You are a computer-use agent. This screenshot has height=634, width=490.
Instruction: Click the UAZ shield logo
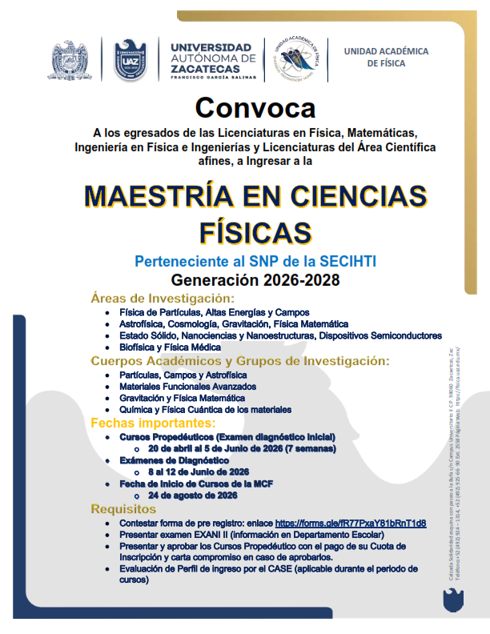[x=130, y=60]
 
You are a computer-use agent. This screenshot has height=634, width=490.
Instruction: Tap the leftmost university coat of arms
[x=74, y=61]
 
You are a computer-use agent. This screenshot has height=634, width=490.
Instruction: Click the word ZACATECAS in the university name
[x=205, y=69]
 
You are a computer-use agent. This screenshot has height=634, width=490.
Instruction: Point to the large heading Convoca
[x=255, y=107]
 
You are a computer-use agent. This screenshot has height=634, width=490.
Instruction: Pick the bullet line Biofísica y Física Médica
[x=170, y=347]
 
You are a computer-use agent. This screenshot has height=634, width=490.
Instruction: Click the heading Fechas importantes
[x=153, y=422]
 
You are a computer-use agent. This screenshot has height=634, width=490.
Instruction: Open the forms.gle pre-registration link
[x=350, y=523]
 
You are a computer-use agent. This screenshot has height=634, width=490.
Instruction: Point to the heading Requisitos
[x=123, y=509]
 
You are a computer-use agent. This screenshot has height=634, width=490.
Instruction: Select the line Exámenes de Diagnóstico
[x=174, y=461]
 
